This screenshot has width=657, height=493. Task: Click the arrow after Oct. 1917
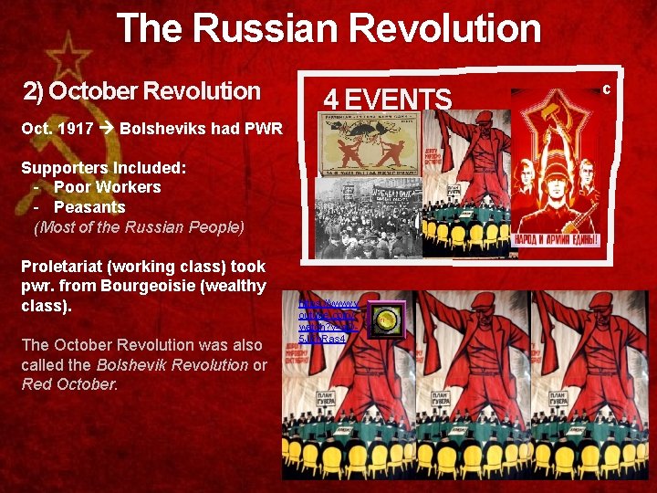tap(106, 129)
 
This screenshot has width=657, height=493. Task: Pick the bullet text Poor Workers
tap(107, 187)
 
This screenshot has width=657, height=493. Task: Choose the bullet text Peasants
tap(89, 207)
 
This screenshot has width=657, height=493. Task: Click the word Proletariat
tap(68, 267)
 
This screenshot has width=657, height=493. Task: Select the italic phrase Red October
tap(69, 384)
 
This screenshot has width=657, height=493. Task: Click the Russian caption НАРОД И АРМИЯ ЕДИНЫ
tap(558, 239)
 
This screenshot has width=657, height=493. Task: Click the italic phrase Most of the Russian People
tap(139, 227)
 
